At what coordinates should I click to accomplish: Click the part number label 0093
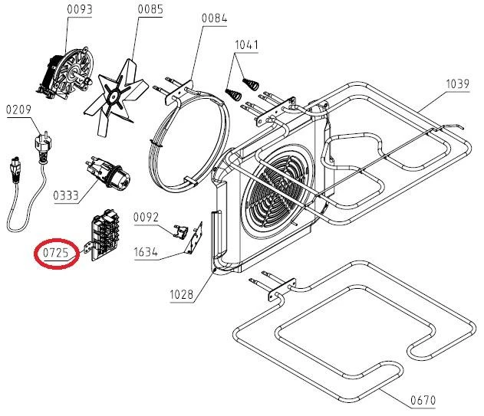pos(79,10)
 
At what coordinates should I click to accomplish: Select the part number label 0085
pos(150,10)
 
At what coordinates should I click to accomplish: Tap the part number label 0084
pos(214,18)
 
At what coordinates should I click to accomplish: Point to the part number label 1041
pos(247,44)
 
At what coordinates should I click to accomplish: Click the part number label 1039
pos(459,84)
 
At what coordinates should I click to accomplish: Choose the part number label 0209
pos(18,110)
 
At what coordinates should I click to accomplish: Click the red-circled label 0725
pos(56,251)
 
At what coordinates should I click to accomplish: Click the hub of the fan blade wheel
pos(117,95)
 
